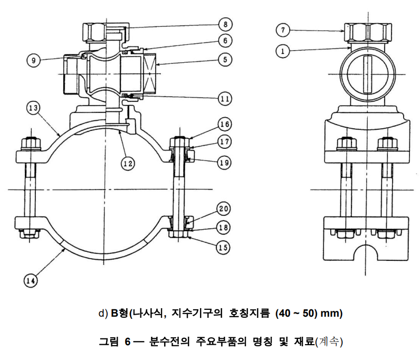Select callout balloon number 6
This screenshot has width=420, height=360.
(x=225, y=41)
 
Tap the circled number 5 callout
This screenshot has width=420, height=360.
(x=225, y=60)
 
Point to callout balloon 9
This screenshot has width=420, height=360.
(x=35, y=60)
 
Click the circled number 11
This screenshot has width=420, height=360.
(x=225, y=98)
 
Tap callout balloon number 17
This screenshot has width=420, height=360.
(x=225, y=141)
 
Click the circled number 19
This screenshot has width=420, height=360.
(x=225, y=162)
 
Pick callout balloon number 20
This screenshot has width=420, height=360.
(x=225, y=209)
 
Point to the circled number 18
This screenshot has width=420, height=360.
(x=225, y=228)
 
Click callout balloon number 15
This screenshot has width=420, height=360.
(x=225, y=245)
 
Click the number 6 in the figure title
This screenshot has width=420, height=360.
(x=128, y=342)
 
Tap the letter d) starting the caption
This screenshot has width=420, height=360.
(x=103, y=313)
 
